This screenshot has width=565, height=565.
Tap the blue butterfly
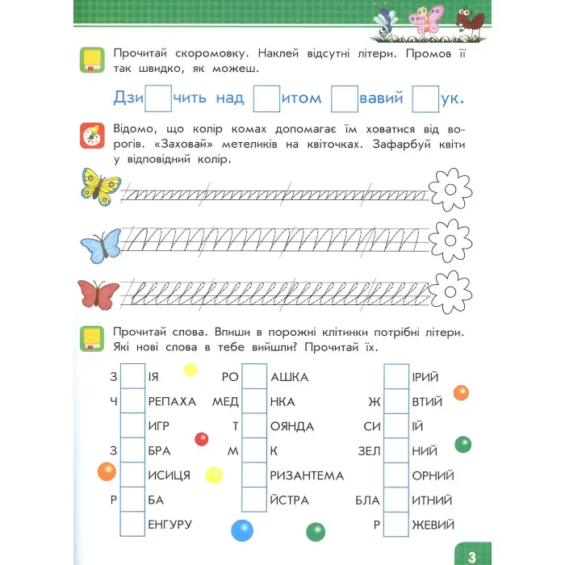[101, 243]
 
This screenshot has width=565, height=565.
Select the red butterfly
[98, 293]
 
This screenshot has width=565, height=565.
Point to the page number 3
[472, 555]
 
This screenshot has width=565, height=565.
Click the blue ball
[242, 530]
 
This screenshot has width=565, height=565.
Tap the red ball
[202, 439]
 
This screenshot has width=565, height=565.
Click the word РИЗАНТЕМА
[308, 476]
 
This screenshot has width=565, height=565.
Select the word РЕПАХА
[173, 402]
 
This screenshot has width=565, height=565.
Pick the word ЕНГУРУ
[169, 525]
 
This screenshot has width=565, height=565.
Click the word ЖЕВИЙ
[433, 525]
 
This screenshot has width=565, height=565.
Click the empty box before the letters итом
[266, 98]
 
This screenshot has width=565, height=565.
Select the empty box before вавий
[345, 98]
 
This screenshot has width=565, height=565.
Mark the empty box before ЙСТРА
[254, 500]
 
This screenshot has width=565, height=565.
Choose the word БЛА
[366, 500]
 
